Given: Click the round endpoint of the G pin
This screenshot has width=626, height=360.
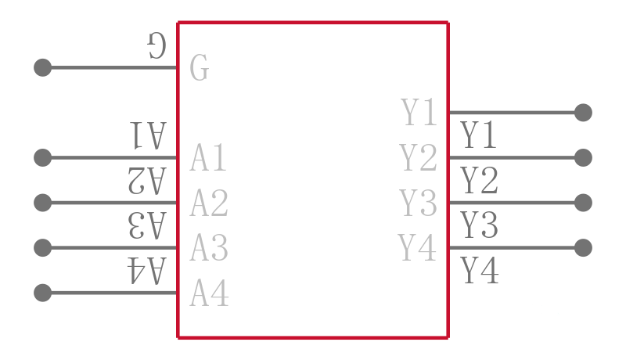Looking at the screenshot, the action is pos(43,67).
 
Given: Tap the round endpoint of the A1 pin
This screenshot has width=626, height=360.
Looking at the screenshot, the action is pos(43,157).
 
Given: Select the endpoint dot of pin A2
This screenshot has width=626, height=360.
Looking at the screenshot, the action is pos(43,203).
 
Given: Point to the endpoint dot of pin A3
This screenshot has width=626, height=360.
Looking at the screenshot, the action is pos(43,248).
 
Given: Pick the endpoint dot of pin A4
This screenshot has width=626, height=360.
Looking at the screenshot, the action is pos(43,293).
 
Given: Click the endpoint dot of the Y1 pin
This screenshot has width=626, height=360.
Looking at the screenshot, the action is pos(583,113).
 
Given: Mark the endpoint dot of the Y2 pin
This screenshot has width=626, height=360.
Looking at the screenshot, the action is pos(583,157).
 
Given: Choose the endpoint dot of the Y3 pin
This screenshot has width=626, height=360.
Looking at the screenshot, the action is pos(583,203).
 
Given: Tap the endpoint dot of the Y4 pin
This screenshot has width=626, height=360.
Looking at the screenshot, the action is pos(583,248).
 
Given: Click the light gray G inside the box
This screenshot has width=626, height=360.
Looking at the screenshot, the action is pos(199,68).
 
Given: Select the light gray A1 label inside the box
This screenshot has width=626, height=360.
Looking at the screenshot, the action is pos(208,158).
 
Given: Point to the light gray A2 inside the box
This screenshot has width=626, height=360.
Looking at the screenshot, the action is pos(209,203).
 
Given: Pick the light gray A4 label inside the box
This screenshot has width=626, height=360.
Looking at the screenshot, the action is pos(209,293).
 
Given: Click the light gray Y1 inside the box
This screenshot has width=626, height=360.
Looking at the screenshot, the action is pos(419,113).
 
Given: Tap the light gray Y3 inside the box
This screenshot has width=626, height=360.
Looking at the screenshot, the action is pos(418,203).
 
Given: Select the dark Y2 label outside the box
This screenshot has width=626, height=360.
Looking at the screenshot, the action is pos(479,181).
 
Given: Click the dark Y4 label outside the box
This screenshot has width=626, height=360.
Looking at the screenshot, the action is pos(480,271).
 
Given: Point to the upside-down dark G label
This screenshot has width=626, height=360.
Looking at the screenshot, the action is pos(156,45).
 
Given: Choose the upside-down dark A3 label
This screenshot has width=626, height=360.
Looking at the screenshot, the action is pos(147,226).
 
